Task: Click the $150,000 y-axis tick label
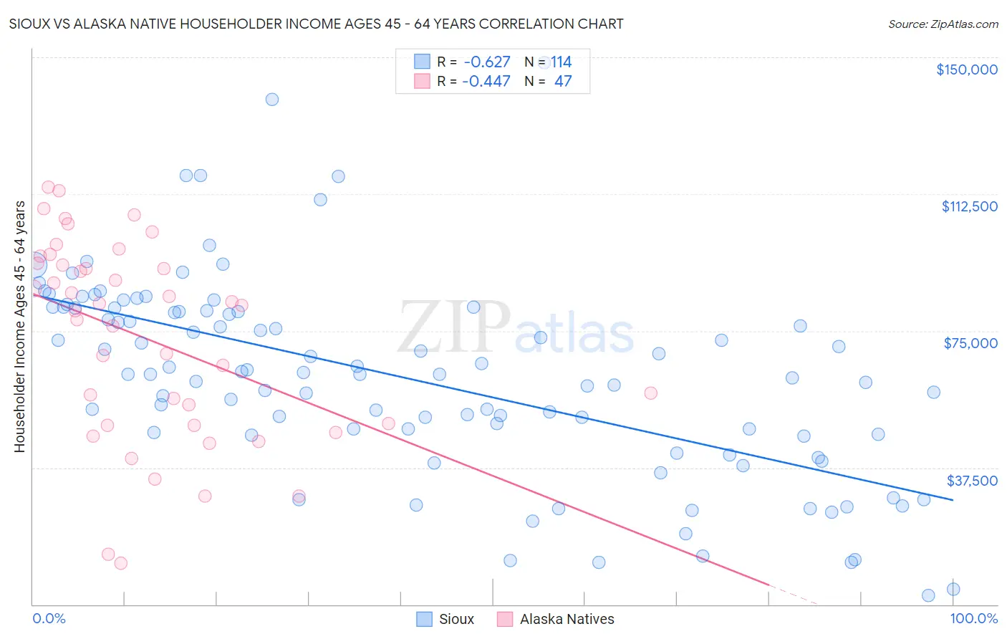coord(966,69)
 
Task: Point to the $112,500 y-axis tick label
coord(969,206)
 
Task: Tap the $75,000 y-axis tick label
coord(970,343)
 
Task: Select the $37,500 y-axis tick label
coord(972,481)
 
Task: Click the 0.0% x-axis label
coord(49,618)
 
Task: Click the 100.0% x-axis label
coord(973,618)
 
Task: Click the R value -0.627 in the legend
coord(486,62)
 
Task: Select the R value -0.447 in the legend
coord(486,82)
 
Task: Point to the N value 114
coord(561,62)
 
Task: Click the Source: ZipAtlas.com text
coord(943,24)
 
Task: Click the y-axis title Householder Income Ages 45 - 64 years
coord(19,326)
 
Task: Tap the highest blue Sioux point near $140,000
coord(271,100)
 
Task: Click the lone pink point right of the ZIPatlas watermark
coord(650,393)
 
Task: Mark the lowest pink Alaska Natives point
coord(120,563)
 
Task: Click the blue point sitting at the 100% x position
coord(953,589)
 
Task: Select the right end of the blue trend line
coord(953,499)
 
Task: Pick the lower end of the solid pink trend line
coord(768,585)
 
